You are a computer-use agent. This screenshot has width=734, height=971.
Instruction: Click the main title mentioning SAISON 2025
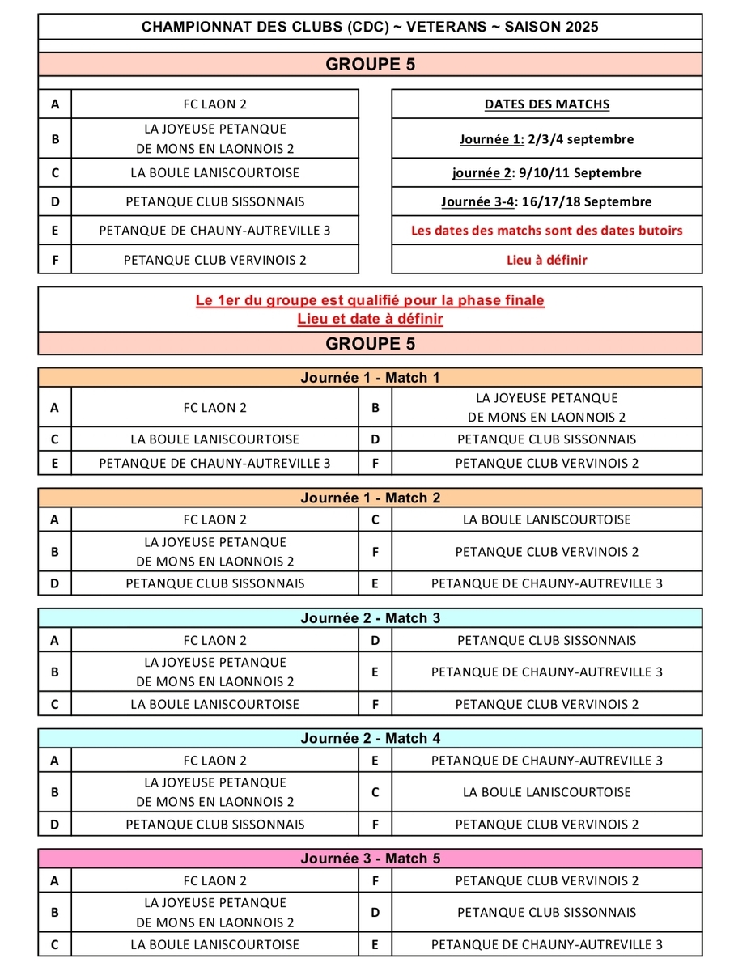(x=370, y=27)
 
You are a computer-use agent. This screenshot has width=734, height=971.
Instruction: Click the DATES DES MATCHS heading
(x=547, y=104)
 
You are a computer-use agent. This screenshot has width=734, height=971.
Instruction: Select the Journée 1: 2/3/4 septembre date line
(x=547, y=139)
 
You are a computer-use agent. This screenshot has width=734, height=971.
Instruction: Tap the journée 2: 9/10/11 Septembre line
(x=547, y=173)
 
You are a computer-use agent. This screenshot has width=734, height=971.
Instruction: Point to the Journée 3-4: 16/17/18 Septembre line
(x=547, y=201)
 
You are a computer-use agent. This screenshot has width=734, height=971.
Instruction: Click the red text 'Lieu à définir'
(x=547, y=260)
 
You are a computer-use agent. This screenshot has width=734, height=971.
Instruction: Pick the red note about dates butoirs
(x=547, y=231)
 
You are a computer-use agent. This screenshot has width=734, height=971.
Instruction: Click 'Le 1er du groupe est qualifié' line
(x=370, y=301)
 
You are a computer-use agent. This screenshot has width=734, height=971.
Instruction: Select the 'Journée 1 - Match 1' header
(x=370, y=378)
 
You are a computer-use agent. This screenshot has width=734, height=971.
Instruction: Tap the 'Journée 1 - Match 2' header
(x=370, y=498)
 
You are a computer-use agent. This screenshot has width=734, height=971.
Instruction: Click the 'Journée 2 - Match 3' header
(x=370, y=618)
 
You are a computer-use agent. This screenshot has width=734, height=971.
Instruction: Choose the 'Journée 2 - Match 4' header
(x=370, y=738)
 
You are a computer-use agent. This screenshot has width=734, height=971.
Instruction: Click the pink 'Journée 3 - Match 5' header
(x=370, y=859)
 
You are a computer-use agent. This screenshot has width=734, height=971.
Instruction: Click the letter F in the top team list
(x=55, y=260)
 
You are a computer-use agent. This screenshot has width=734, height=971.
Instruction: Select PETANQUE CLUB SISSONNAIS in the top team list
(x=215, y=201)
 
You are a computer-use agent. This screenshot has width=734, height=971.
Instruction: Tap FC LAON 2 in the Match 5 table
(x=215, y=881)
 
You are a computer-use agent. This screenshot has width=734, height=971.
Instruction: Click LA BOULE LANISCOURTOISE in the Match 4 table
(x=547, y=792)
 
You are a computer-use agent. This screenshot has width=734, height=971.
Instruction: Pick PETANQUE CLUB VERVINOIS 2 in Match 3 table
(x=547, y=704)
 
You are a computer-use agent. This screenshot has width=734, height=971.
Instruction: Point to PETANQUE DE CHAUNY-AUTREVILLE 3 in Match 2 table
(x=547, y=583)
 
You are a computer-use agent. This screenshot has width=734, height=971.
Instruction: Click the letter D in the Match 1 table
(x=375, y=439)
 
